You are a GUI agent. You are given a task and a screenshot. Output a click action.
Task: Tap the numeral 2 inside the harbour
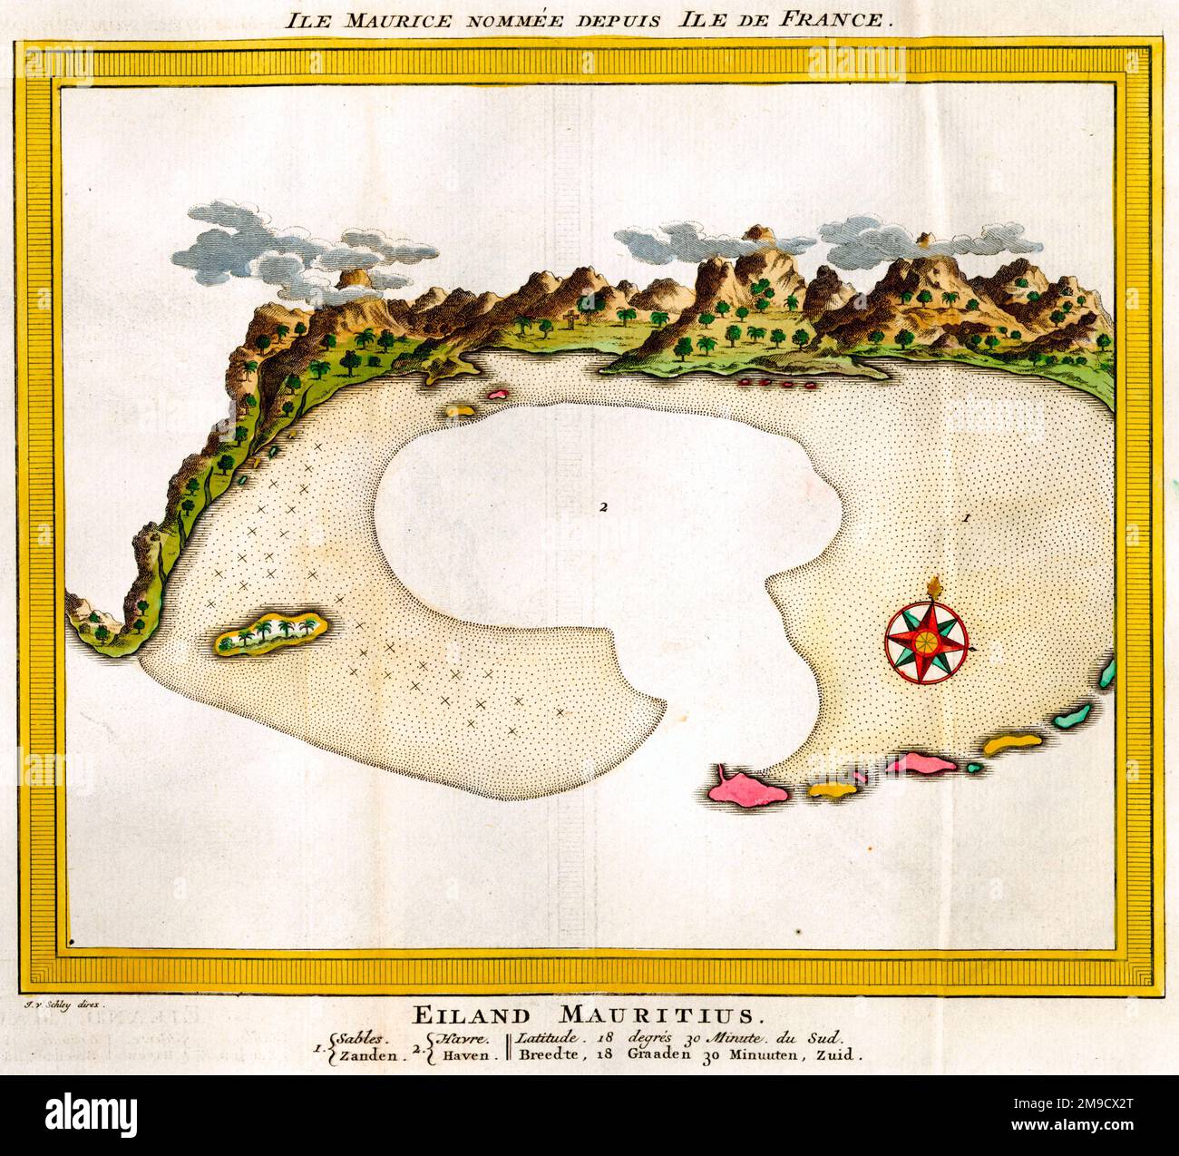(601, 506)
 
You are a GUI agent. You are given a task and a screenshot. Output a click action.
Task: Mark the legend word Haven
(467, 1055)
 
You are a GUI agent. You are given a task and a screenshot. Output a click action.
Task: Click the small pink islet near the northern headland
(498, 395)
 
